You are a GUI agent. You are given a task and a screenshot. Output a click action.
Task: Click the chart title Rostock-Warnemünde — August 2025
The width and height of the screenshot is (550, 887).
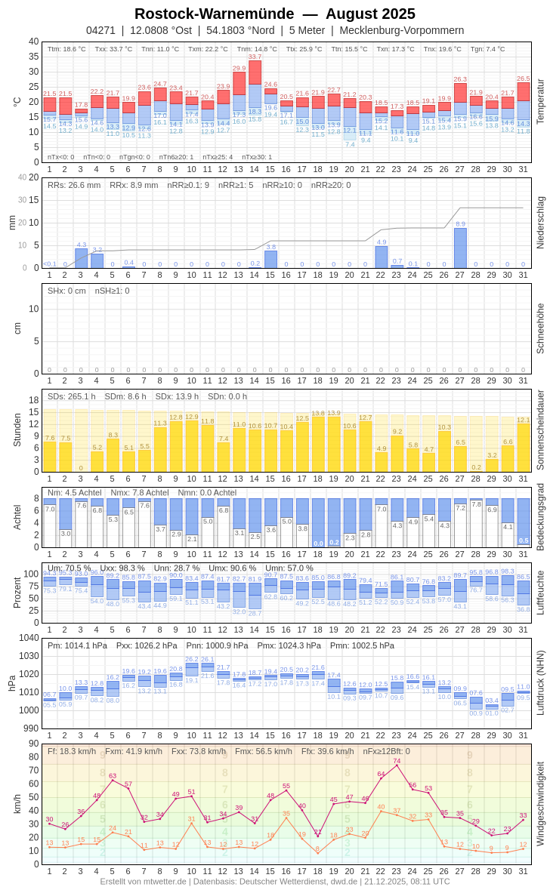(275, 14)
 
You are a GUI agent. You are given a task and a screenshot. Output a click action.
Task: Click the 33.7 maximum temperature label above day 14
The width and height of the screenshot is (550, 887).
(255, 57)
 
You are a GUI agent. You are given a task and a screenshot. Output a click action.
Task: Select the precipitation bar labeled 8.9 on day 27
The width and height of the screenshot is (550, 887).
(460, 248)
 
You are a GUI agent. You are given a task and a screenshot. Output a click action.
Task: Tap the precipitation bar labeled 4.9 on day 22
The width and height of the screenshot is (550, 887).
(382, 257)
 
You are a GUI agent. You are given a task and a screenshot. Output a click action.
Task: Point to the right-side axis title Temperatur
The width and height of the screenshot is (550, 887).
(540, 101)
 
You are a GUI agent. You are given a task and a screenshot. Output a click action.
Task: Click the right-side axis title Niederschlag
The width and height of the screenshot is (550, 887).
(540, 223)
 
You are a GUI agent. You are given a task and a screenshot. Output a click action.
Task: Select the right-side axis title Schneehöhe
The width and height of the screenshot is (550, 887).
(540, 328)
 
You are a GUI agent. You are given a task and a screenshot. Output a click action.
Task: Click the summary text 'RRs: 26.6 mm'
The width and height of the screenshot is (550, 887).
(74, 185)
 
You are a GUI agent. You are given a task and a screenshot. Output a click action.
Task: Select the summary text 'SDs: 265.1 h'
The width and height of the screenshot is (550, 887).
(72, 396)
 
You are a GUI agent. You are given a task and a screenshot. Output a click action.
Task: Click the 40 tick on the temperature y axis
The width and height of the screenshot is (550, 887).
(34, 42)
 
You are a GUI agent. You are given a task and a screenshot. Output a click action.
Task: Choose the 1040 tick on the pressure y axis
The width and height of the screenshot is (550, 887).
(29, 637)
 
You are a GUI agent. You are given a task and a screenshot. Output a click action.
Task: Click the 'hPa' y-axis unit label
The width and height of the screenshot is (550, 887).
(12, 682)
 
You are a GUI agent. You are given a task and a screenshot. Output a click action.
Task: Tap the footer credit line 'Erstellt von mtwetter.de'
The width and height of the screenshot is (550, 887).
(144, 881)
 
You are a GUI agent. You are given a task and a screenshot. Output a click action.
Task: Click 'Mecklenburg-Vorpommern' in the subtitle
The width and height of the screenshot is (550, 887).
(401, 30)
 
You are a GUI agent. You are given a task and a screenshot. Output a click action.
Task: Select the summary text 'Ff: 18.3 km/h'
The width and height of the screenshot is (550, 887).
(72, 751)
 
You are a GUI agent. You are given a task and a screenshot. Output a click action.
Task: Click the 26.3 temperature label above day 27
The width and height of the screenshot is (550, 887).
(460, 79)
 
